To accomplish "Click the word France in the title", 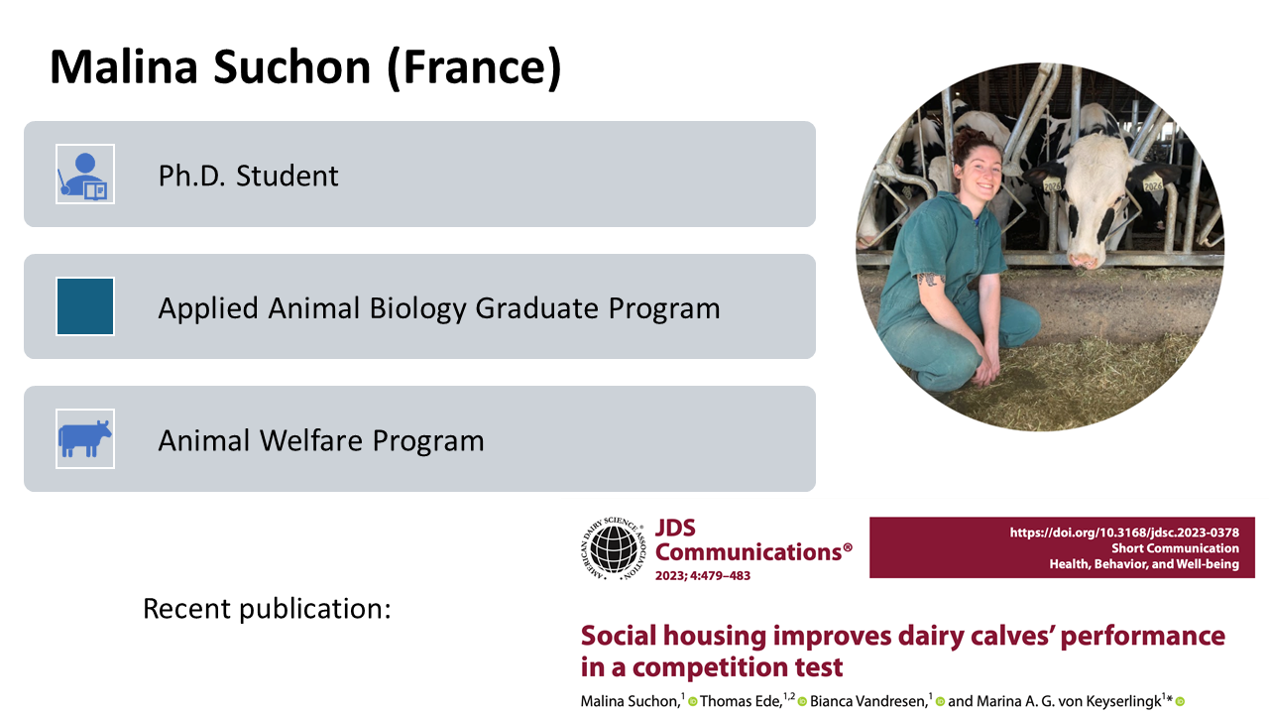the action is [x=474, y=66].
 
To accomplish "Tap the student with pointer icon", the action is [x=85, y=174].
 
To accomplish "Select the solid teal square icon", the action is [x=85, y=306].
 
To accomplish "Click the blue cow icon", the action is [x=85, y=438].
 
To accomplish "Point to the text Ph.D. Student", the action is [x=248, y=176].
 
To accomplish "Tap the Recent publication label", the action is [x=267, y=609].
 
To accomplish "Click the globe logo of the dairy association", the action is [x=613, y=548].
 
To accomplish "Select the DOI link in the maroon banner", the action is [x=1124, y=533].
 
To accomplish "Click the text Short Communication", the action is [x=1175, y=548].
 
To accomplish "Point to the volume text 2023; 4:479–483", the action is [x=703, y=576].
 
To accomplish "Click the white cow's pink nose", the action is [x=1085, y=261].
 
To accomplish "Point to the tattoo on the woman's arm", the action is [x=929, y=279].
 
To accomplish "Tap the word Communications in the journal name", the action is [x=749, y=552].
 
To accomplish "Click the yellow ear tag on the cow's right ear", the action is [x=1152, y=185].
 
